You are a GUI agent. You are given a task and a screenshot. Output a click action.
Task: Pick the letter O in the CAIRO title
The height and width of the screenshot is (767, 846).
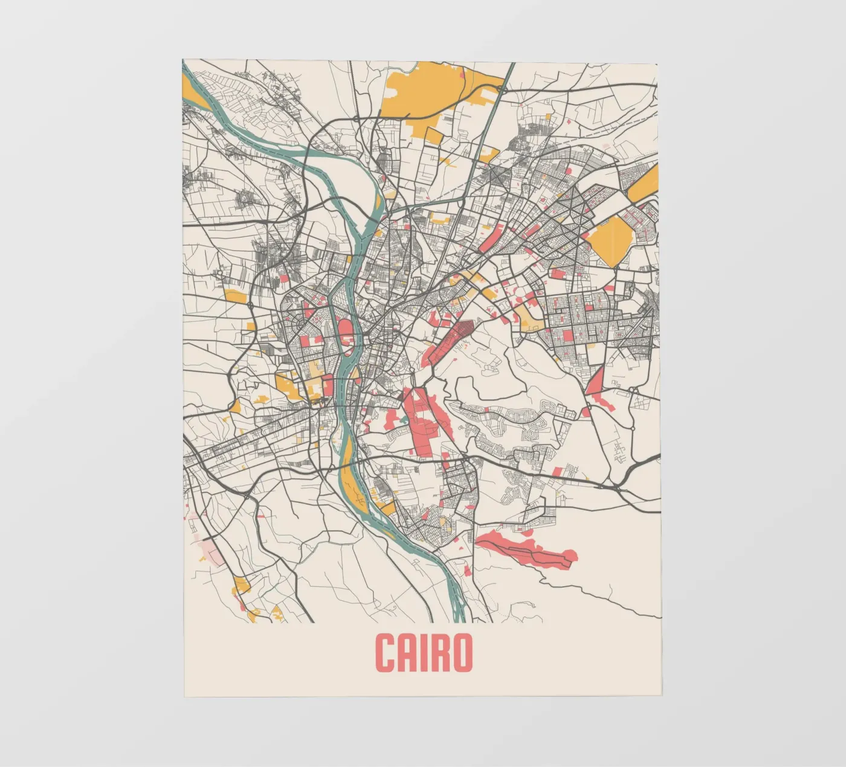[x=462, y=653]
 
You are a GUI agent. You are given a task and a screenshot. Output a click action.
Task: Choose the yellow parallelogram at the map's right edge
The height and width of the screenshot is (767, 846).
[x=644, y=184]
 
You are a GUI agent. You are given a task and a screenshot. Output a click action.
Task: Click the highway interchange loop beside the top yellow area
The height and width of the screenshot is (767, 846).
[x=502, y=89]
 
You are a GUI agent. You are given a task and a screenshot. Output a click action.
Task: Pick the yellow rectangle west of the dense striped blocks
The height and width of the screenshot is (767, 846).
[x=234, y=296]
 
